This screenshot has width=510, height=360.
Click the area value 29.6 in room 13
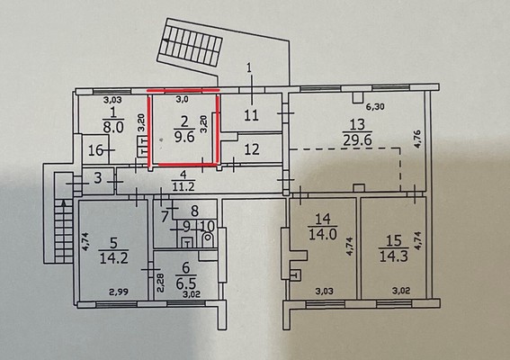click(x=357, y=140)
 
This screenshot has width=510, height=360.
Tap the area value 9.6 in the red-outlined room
click(x=184, y=137)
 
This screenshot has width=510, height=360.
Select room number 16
click(x=95, y=150)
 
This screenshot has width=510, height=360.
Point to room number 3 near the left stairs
click(x=98, y=178)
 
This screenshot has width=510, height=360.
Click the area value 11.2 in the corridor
click(x=183, y=186)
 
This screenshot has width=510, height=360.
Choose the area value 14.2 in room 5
click(x=113, y=257)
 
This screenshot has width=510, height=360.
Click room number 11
click(x=251, y=115)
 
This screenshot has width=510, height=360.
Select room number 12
click(x=252, y=149)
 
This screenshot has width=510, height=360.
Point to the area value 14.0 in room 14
click(x=323, y=234)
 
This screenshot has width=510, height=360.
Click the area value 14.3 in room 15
click(x=394, y=256)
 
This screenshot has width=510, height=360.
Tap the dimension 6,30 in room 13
click(x=375, y=106)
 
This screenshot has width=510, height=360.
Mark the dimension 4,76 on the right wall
click(x=418, y=139)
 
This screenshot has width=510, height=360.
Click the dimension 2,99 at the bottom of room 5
click(x=119, y=292)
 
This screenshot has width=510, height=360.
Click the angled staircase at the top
click(x=191, y=42)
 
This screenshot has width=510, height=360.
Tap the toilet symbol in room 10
click(x=207, y=240)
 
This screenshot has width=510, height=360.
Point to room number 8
click(x=194, y=211)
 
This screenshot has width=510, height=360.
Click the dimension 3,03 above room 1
click(x=112, y=100)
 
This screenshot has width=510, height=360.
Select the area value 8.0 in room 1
click(x=113, y=127)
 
